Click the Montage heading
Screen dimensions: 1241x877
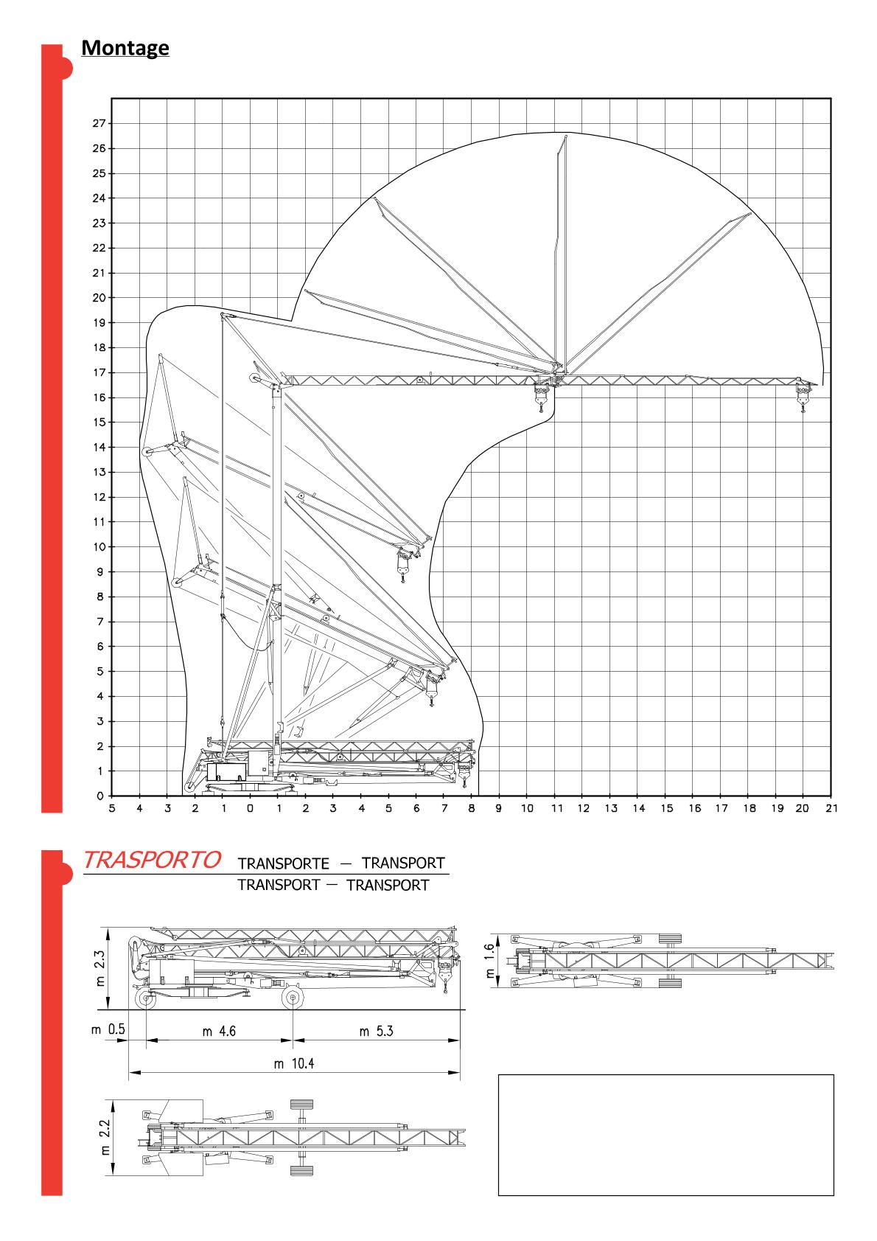[125, 48]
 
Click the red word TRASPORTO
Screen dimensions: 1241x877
[153, 860]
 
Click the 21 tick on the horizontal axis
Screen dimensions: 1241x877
[832, 809]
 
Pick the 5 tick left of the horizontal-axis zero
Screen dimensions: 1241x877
[112, 809]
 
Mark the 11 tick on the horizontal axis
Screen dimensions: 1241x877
[556, 809]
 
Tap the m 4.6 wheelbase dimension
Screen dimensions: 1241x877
[219, 1032]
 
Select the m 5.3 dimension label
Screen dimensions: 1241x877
[376, 1032]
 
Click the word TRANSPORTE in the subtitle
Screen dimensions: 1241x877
[283, 864]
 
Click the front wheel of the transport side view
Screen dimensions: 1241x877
[293, 998]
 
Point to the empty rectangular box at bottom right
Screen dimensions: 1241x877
[666, 1134]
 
